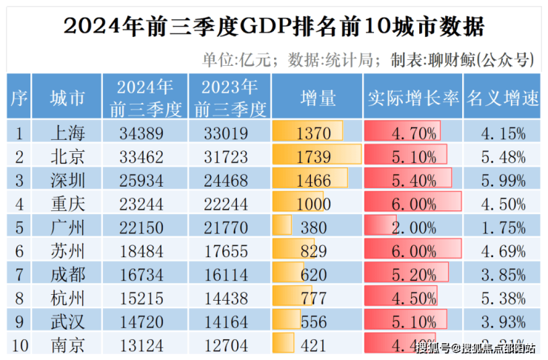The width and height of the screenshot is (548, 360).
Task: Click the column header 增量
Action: point(318,98)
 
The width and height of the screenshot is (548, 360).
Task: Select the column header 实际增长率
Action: point(412,98)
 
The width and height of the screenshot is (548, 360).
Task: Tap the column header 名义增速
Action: point(504,98)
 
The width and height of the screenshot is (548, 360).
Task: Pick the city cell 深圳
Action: point(67,180)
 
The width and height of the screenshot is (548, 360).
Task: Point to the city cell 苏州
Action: point(67,250)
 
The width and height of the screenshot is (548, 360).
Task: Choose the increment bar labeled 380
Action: point(283,227)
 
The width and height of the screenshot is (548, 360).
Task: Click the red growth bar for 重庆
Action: point(412,204)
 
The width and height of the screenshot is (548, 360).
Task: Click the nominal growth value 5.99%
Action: point(504,180)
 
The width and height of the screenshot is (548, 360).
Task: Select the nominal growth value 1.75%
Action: point(504,227)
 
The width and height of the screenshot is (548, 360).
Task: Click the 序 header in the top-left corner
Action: point(19,98)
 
